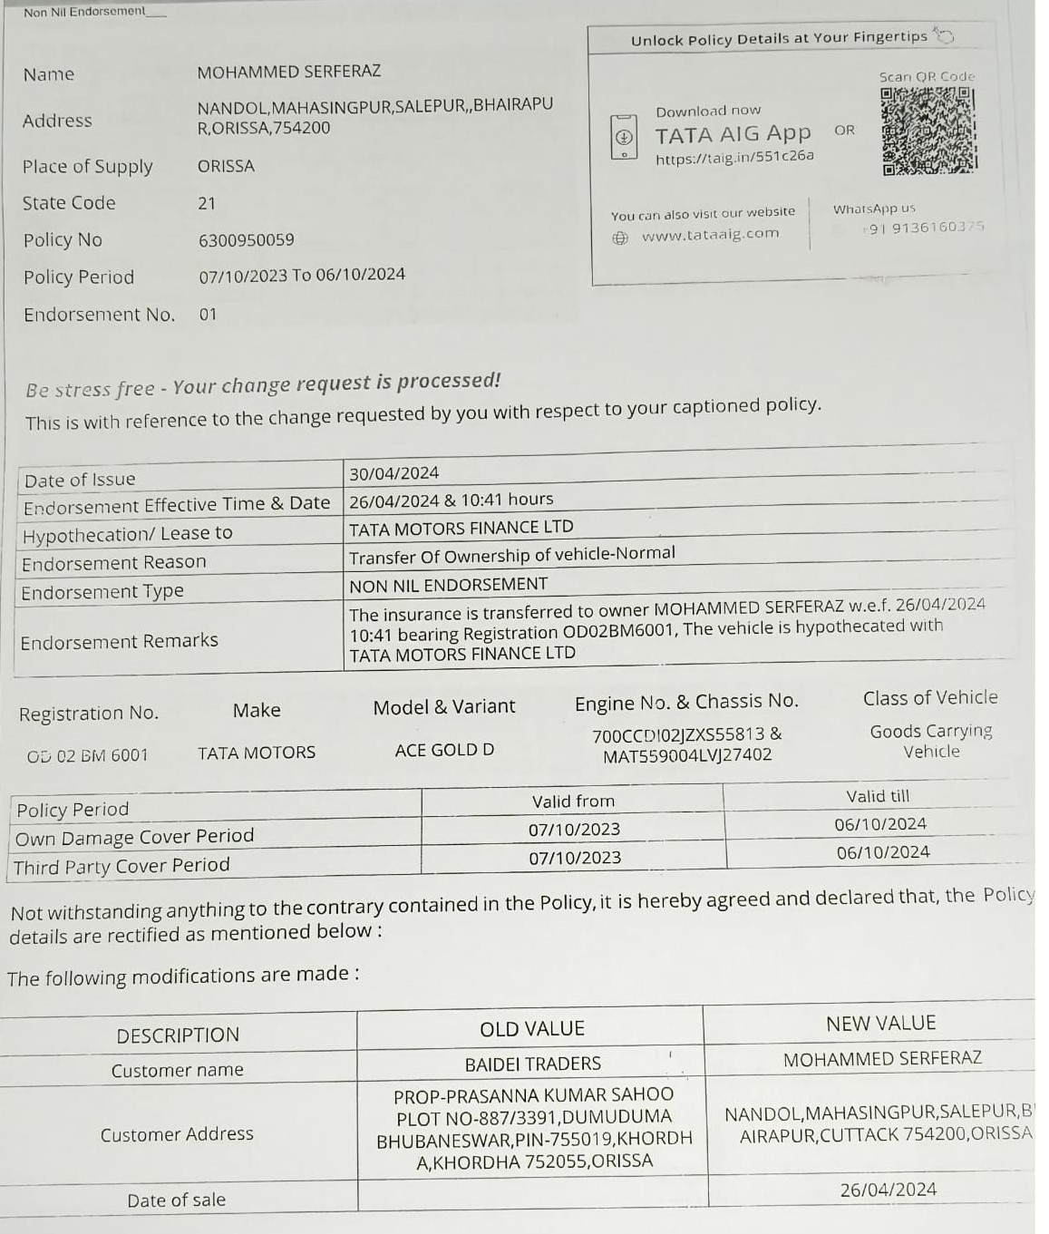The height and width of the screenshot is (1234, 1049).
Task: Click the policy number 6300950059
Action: click(246, 240)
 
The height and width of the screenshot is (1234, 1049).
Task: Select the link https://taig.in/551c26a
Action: click(734, 157)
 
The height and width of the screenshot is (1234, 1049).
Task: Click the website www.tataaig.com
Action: click(710, 235)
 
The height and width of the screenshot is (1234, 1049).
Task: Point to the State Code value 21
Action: click(207, 203)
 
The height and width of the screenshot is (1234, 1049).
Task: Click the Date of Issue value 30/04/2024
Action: click(393, 473)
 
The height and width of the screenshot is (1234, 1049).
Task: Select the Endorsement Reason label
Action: click(114, 563)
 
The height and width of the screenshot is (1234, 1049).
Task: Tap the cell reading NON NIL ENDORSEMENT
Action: click(449, 585)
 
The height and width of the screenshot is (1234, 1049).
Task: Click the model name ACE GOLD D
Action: click(444, 750)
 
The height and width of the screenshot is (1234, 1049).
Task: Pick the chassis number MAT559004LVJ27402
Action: click(687, 755)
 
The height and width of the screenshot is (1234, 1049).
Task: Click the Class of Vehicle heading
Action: click(929, 697)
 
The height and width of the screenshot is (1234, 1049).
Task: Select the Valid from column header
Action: click(573, 802)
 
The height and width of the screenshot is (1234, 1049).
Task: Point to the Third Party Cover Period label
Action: click(121, 867)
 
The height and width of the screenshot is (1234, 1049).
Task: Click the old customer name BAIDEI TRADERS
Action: click(532, 1064)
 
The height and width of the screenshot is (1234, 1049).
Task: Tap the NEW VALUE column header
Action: click(879, 1024)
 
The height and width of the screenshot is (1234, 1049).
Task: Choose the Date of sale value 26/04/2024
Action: click(888, 1190)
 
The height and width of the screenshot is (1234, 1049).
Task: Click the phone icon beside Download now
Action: click(623, 138)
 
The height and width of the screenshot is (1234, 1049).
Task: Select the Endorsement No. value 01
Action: click(209, 315)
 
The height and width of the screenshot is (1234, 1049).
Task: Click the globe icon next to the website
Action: click(620, 238)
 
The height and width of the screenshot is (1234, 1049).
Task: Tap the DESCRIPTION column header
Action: click(178, 1035)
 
